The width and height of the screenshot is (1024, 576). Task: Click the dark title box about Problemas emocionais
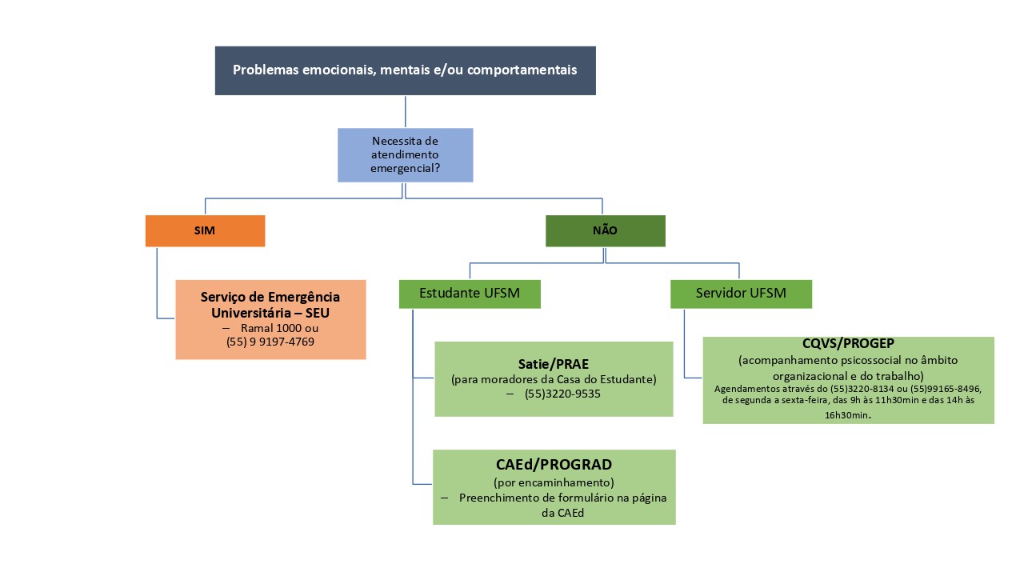click(x=405, y=70)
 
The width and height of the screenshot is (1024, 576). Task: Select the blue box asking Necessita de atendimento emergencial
click(x=405, y=154)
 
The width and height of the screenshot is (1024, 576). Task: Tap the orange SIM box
click(x=205, y=230)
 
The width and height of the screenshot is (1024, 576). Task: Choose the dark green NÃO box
click(x=605, y=230)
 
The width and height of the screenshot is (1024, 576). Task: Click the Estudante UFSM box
click(x=470, y=294)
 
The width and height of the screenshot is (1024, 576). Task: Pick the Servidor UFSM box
click(x=740, y=294)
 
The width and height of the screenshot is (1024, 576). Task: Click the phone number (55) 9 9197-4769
click(x=270, y=342)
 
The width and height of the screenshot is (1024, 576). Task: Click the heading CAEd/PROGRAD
click(x=554, y=465)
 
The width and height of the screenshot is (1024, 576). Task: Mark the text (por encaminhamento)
click(x=554, y=482)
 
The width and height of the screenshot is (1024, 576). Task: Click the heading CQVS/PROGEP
click(x=848, y=344)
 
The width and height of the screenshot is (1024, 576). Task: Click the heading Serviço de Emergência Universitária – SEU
click(x=270, y=305)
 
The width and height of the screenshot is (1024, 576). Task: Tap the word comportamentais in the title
click(x=522, y=70)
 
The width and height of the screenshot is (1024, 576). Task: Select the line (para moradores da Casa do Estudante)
click(x=554, y=379)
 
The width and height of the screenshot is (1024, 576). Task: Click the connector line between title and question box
click(x=406, y=111)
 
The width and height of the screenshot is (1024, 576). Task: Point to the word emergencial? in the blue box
click(x=406, y=169)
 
